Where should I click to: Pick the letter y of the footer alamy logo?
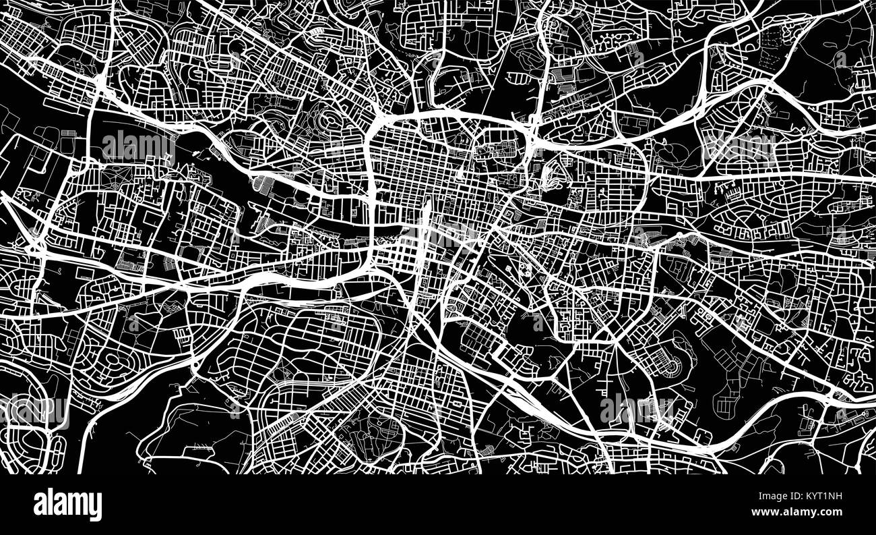point(96,506)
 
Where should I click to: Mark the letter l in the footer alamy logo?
point(49,503)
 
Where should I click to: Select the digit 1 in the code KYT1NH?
point(827,498)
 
